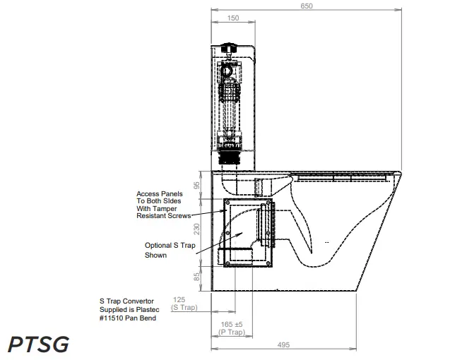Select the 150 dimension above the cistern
tap(232, 18)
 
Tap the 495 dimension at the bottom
tap(284, 345)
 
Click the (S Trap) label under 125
tap(184, 308)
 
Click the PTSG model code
tap(38, 344)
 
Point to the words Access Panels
tap(160, 193)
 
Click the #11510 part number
tap(114, 318)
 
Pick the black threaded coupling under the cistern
tap(230, 155)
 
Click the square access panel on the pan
tap(247, 233)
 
